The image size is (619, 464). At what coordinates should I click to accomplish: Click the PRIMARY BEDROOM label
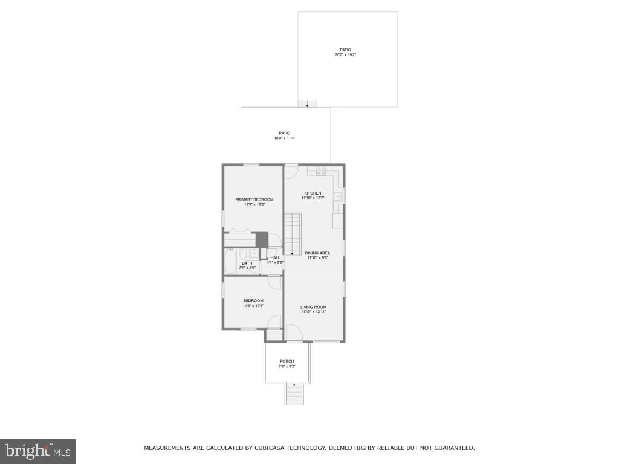[254, 199]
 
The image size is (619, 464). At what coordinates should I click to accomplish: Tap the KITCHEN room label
[313, 193]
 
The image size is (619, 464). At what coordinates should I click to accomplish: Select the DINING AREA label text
[317, 253]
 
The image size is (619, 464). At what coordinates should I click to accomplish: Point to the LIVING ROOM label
[313, 307]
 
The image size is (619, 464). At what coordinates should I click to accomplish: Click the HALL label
[275, 257]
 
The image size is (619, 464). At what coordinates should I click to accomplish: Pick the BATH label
[247, 263]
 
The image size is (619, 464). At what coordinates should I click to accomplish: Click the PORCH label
[287, 361]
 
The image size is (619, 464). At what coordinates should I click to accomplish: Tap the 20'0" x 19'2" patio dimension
[348, 55]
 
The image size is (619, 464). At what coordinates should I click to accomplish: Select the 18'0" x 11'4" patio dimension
[284, 138]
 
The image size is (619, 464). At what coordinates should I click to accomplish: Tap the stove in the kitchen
[320, 171]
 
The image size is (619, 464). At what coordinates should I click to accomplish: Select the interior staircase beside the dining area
[293, 233]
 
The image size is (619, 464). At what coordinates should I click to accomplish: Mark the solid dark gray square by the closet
[261, 240]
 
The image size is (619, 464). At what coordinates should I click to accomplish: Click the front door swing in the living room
[294, 332]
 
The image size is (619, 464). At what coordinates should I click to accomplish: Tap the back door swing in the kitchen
[291, 172]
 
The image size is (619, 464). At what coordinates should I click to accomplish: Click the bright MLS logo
[37, 451]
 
